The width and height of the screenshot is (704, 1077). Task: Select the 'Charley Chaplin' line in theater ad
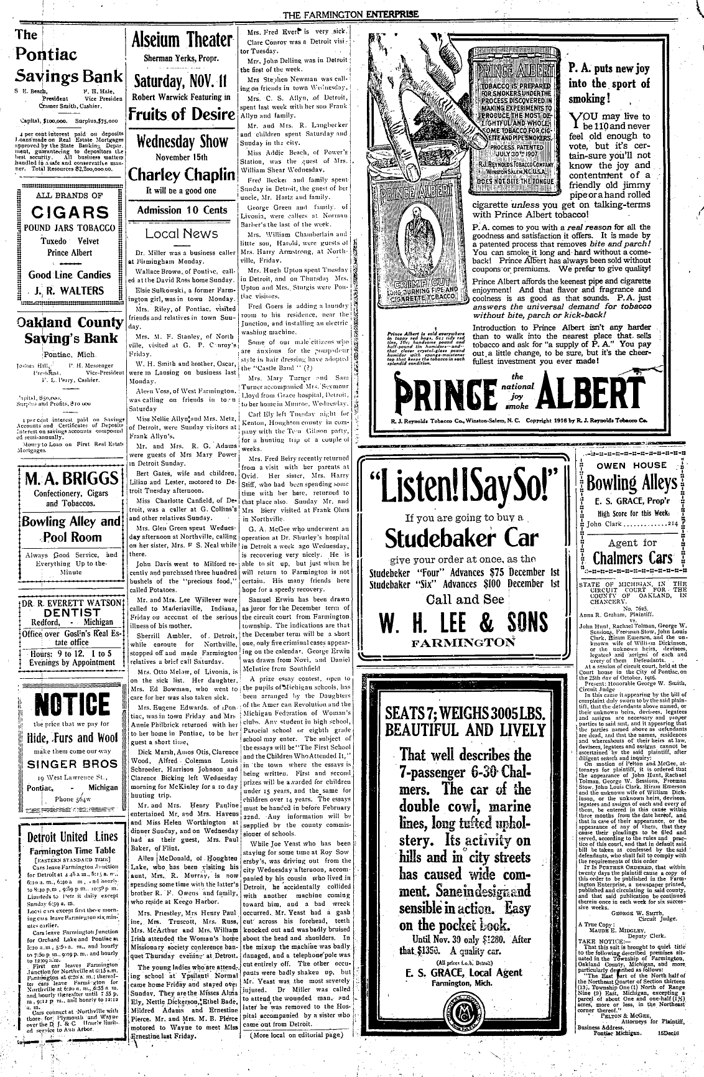click(x=180, y=172)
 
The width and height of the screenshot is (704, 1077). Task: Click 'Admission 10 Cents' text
click(x=182, y=210)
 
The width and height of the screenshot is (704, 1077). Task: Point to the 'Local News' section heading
click(x=181, y=233)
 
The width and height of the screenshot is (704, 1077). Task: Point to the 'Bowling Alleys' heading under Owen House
click(x=631, y=483)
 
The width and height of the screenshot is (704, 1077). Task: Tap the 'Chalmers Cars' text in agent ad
click(x=633, y=557)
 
